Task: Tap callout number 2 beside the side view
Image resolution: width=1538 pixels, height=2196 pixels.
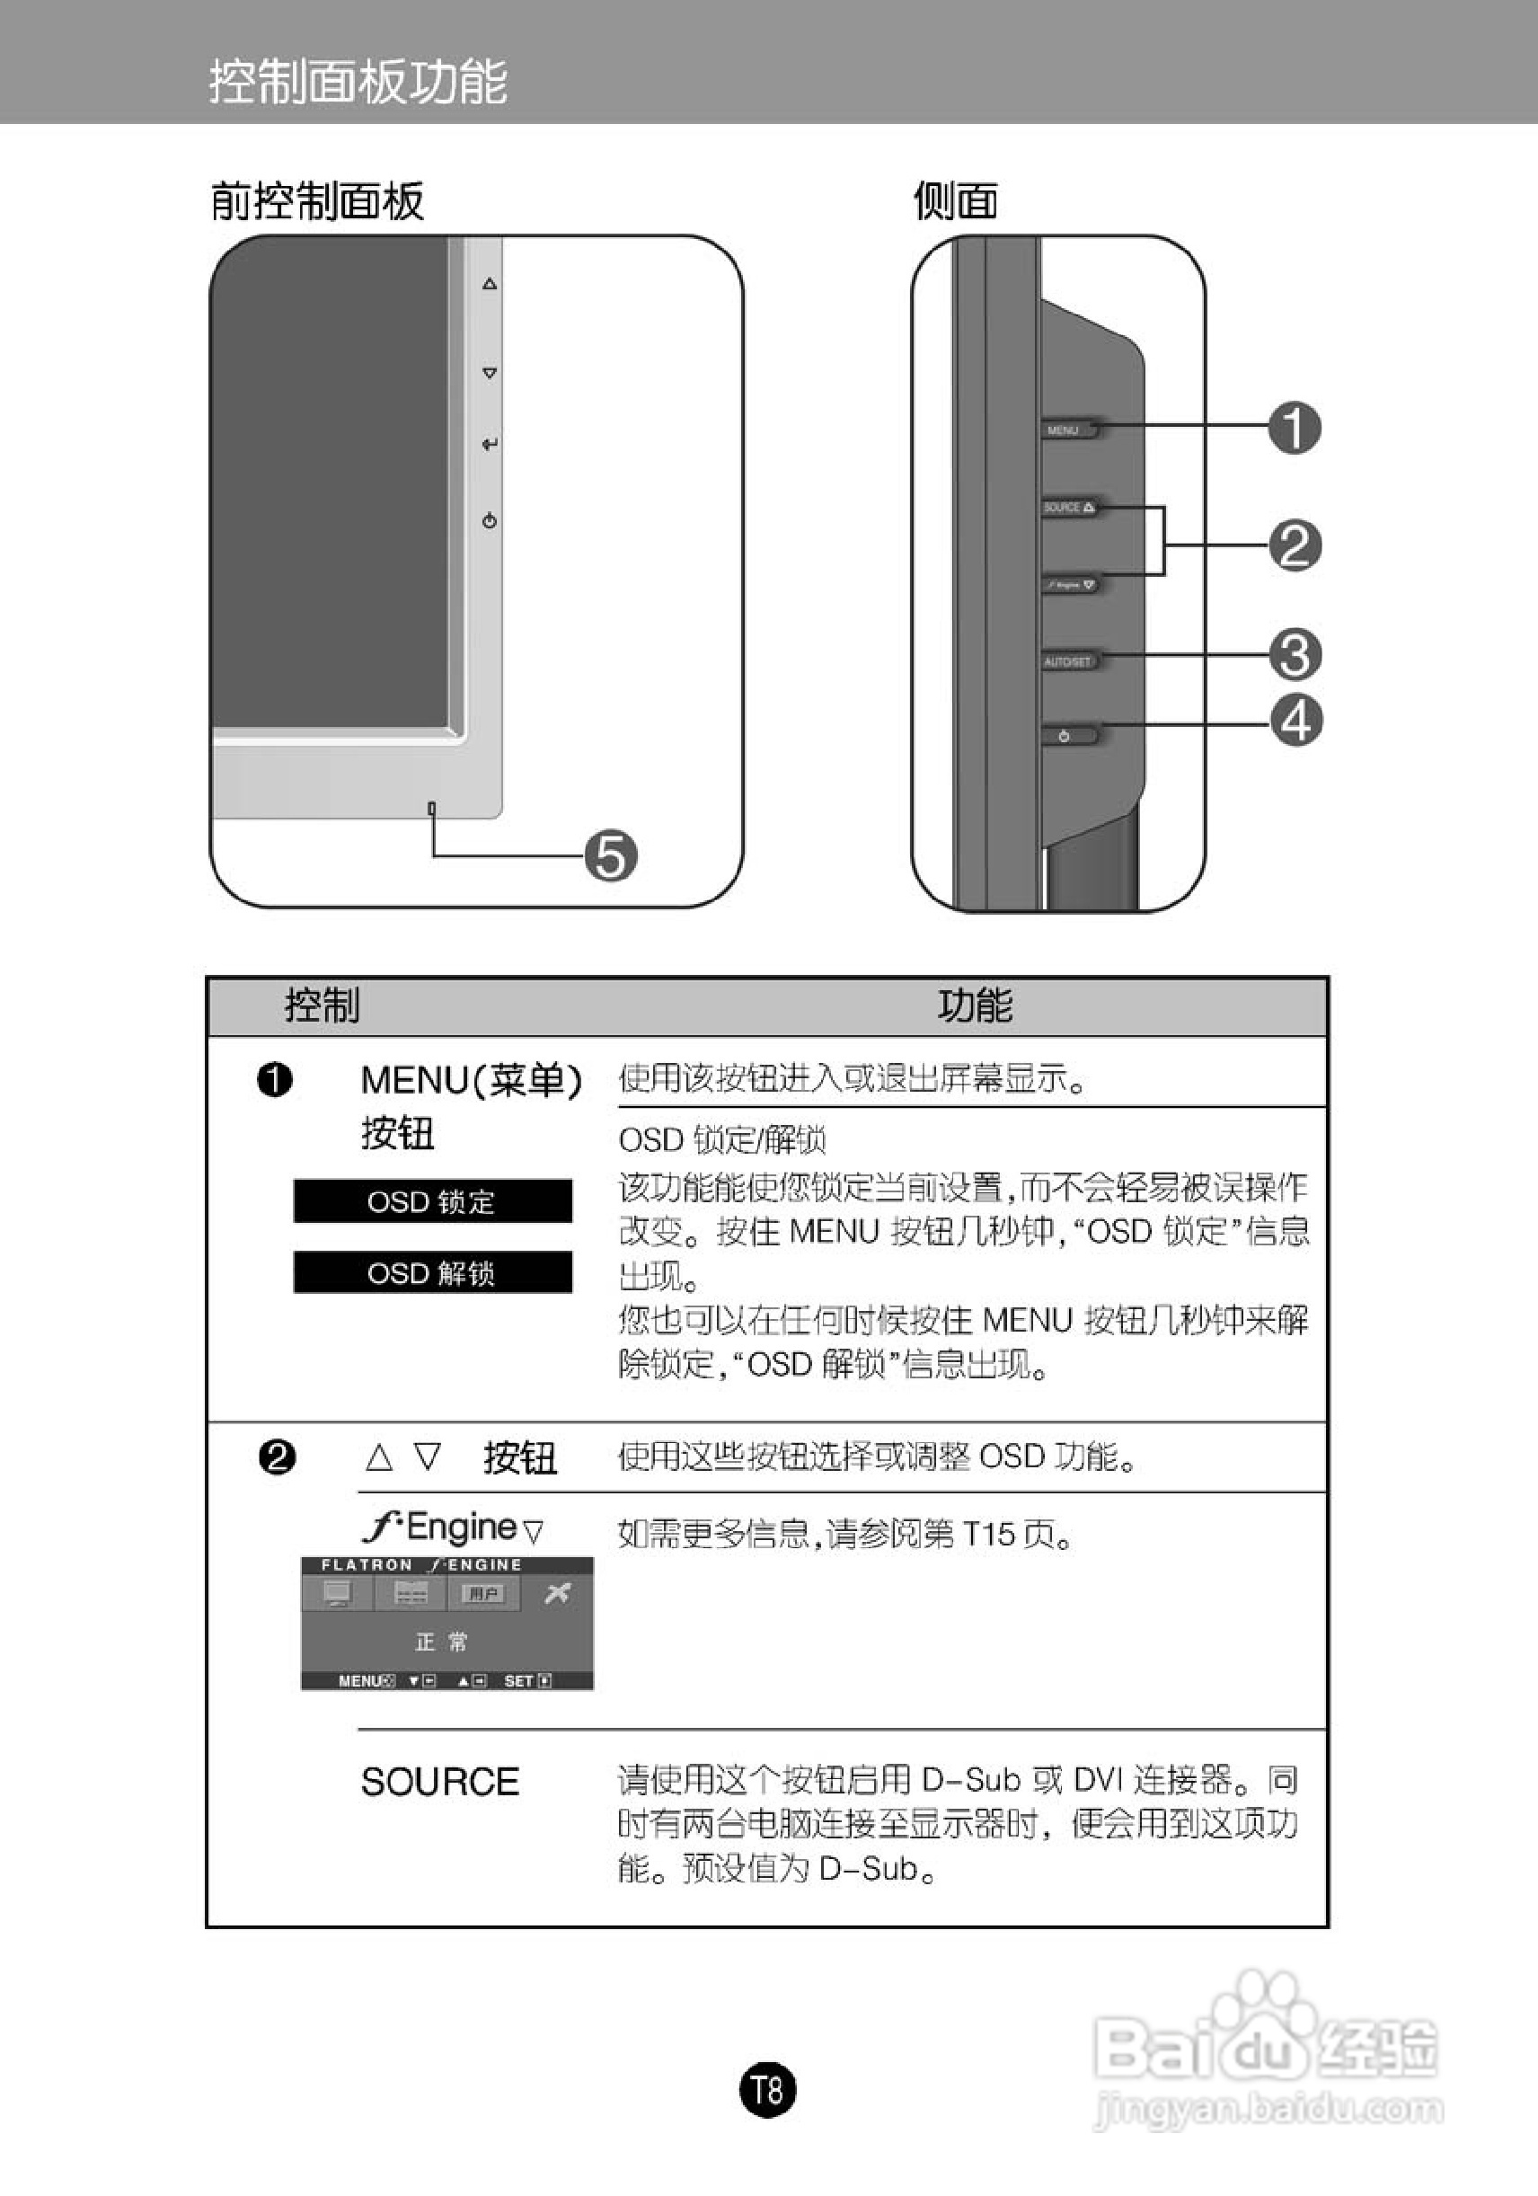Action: (1295, 545)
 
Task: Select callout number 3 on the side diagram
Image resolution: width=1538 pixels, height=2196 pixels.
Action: (1295, 654)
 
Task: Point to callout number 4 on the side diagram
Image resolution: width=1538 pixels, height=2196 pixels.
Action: (1296, 721)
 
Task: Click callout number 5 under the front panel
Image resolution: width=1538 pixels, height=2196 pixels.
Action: (611, 855)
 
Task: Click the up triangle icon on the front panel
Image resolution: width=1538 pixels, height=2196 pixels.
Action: (490, 283)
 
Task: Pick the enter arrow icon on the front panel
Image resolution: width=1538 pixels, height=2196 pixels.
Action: (490, 445)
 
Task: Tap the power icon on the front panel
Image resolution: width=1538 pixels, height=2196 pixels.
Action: (490, 521)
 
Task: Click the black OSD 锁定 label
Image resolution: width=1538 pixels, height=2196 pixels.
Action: (432, 1201)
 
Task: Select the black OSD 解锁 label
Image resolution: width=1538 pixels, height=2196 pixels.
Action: (432, 1273)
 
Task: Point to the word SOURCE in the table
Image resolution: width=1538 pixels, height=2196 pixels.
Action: (440, 1782)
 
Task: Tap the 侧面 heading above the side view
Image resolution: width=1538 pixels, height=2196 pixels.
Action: (955, 202)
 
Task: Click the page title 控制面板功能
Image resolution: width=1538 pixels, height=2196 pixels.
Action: (358, 81)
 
